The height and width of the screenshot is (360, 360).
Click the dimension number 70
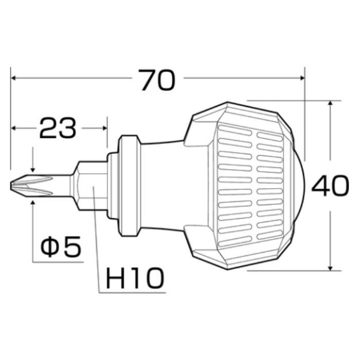158,80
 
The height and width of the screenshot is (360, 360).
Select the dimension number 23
58,128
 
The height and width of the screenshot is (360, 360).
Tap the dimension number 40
330,186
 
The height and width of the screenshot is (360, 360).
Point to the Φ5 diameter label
61,246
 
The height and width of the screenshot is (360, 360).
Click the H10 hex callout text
135,278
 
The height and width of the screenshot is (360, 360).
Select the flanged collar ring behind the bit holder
129,186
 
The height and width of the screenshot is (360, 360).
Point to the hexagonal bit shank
91,186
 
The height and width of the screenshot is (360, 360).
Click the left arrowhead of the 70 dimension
13,78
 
